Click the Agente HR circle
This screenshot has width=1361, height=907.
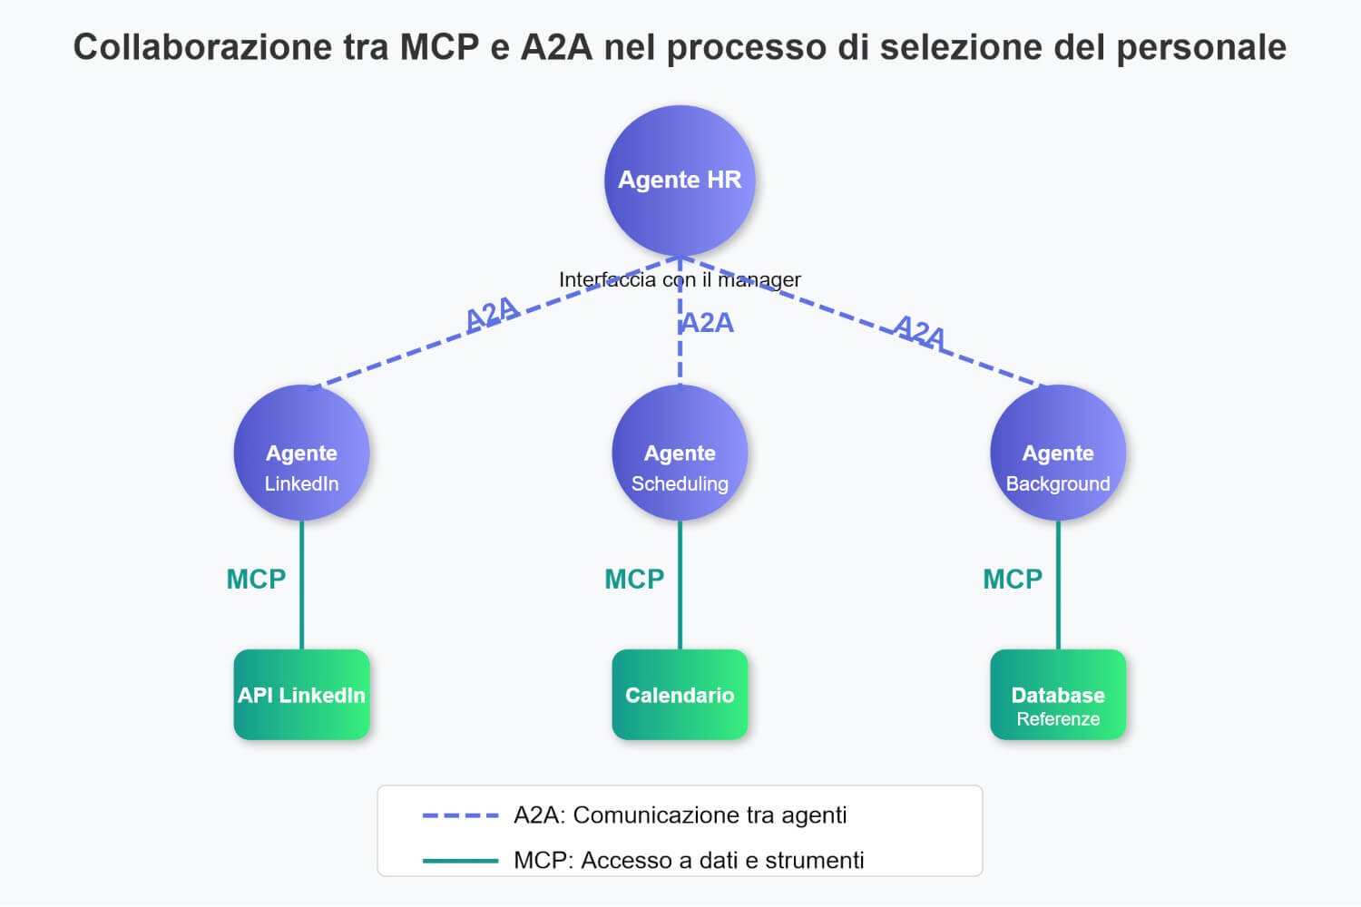[x=680, y=180]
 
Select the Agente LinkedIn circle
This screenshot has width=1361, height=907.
[x=301, y=453]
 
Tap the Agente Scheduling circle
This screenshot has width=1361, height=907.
[x=680, y=453]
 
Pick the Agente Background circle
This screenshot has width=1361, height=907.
[x=1058, y=453]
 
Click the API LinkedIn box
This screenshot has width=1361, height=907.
[x=301, y=695]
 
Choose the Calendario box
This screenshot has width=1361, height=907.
[x=680, y=695]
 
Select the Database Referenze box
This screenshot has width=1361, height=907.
[x=1058, y=695]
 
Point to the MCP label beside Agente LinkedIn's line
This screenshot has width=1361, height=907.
[x=256, y=579]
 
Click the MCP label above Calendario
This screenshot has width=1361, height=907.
[x=634, y=579]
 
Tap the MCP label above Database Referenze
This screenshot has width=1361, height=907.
[x=1013, y=579]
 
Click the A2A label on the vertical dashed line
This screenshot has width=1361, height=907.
[x=708, y=323]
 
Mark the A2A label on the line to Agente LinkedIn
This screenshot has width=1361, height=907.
[x=492, y=314]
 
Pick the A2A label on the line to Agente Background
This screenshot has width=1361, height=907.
[x=919, y=332]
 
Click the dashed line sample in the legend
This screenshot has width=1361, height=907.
[x=460, y=815]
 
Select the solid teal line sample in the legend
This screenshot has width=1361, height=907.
[x=460, y=860]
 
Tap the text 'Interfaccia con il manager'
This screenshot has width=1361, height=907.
[x=680, y=279]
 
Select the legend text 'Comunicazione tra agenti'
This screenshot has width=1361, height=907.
[x=710, y=815]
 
